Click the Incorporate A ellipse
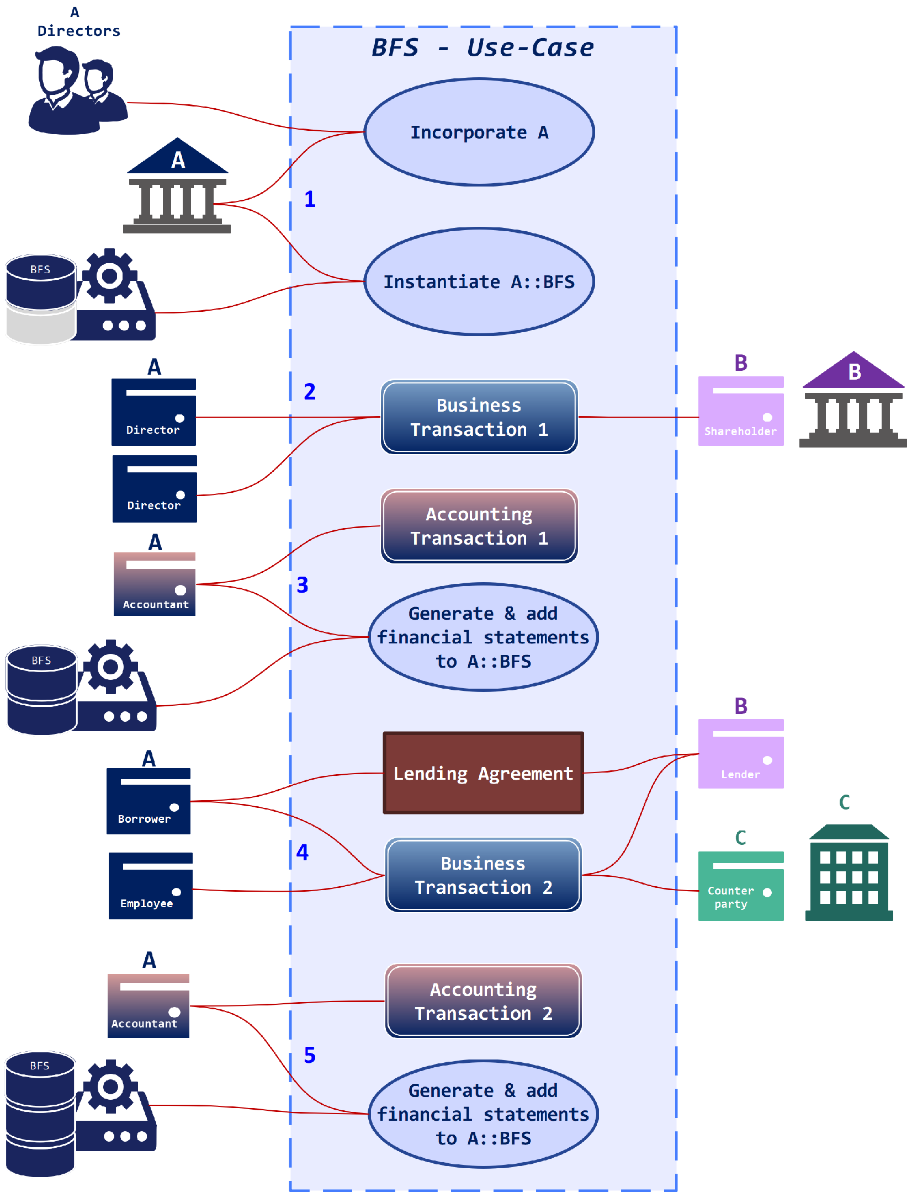point(479,132)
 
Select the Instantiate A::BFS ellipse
point(479,281)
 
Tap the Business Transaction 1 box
point(479,417)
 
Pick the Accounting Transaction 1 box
point(479,526)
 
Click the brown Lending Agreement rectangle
point(483,773)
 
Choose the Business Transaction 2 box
point(483,875)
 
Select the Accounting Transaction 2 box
point(483,1001)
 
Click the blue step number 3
point(303,585)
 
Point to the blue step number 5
point(310,1055)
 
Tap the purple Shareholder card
point(740,411)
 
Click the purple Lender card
point(740,754)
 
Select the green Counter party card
point(740,886)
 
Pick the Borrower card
point(148,801)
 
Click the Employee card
point(150,886)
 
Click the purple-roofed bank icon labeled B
point(853,400)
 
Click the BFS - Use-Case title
point(482,47)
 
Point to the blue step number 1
point(310,199)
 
